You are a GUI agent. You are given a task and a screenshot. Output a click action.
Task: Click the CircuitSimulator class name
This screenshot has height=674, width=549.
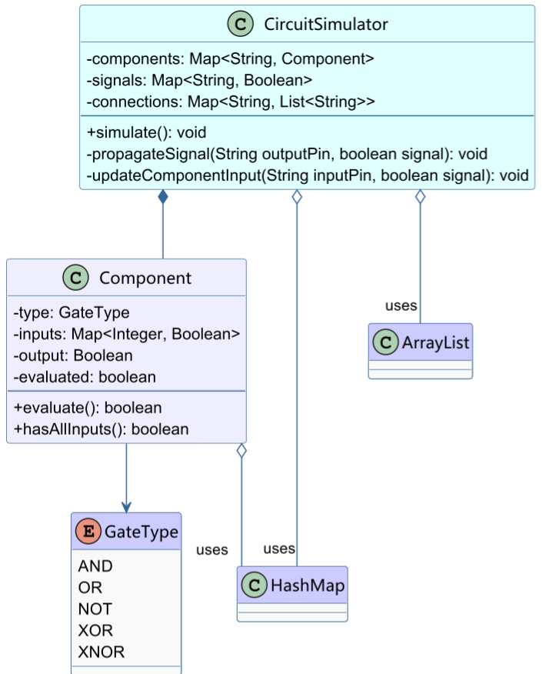click(326, 25)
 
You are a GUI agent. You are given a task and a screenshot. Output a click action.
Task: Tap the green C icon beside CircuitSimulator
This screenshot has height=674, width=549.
click(241, 25)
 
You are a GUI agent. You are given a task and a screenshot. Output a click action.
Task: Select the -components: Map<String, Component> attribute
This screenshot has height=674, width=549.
click(231, 58)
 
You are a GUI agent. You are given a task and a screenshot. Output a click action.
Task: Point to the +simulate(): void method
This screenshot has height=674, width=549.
click(146, 132)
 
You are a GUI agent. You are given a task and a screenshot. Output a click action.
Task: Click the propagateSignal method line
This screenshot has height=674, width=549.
click(287, 154)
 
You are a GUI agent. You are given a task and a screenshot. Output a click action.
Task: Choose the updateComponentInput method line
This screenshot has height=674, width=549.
click(308, 175)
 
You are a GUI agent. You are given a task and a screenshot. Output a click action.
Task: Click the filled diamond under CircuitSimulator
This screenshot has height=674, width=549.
click(163, 198)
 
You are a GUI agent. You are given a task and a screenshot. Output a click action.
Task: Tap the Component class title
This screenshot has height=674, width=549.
click(145, 278)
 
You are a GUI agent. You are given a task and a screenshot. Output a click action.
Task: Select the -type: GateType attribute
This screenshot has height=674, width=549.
click(72, 312)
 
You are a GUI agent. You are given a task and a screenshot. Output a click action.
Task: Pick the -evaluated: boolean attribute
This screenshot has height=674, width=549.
click(85, 377)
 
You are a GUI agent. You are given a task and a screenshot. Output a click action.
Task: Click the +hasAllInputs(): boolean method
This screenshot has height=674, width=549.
click(101, 429)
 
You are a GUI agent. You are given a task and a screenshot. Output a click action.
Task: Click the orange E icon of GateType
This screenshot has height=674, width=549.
click(88, 532)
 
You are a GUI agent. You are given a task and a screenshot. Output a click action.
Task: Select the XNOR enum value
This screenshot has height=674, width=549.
click(101, 652)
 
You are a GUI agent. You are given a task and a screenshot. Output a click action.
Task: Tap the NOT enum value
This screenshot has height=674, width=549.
click(95, 609)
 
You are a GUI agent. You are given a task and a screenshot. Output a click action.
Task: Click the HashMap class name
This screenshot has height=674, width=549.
click(307, 586)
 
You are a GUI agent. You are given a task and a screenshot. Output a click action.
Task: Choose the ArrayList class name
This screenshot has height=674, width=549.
click(434, 342)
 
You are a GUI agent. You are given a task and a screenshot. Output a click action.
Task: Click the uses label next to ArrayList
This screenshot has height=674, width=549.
click(401, 305)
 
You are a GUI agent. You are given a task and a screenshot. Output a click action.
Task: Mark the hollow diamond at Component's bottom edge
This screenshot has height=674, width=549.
click(241, 452)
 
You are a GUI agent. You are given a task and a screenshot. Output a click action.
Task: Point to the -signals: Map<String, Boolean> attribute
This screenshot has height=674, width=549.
click(199, 80)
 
